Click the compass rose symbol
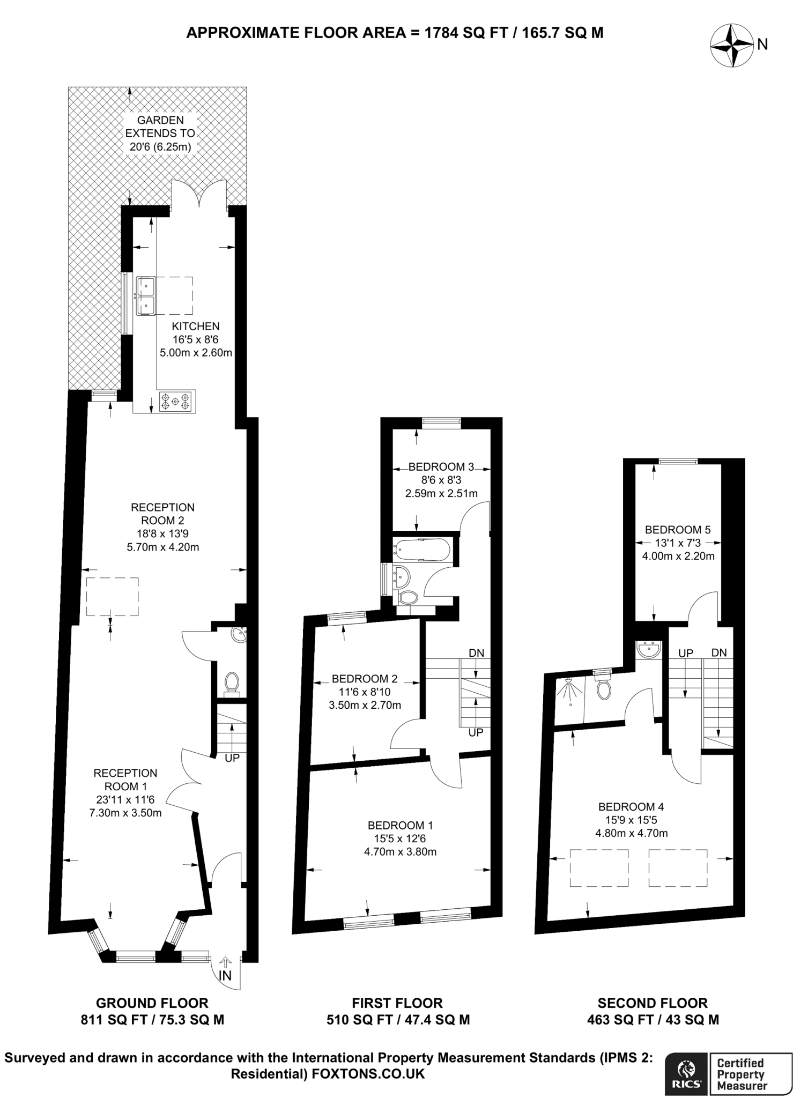click(x=731, y=47)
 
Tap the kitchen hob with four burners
click(x=177, y=401)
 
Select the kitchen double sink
click(x=145, y=295)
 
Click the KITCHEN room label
click(x=195, y=326)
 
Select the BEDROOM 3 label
click(x=441, y=467)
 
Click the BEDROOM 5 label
click(x=677, y=530)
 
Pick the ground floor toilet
click(x=232, y=683)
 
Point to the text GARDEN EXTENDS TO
click(x=160, y=127)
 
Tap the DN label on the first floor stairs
click(x=476, y=653)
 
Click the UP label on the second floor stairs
click(x=686, y=653)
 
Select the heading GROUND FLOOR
click(x=152, y=1003)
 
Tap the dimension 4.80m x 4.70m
click(x=631, y=833)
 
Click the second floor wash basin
click(x=649, y=651)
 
